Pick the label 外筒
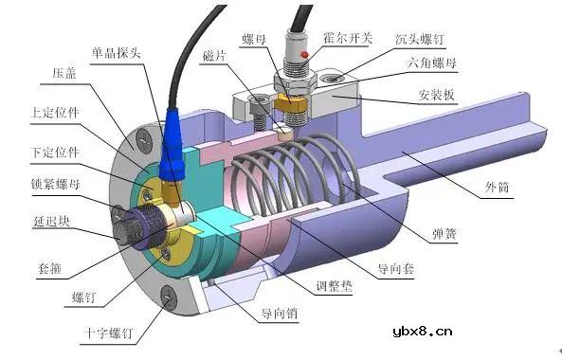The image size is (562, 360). (496, 188)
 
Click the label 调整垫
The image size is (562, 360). (335, 285)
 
